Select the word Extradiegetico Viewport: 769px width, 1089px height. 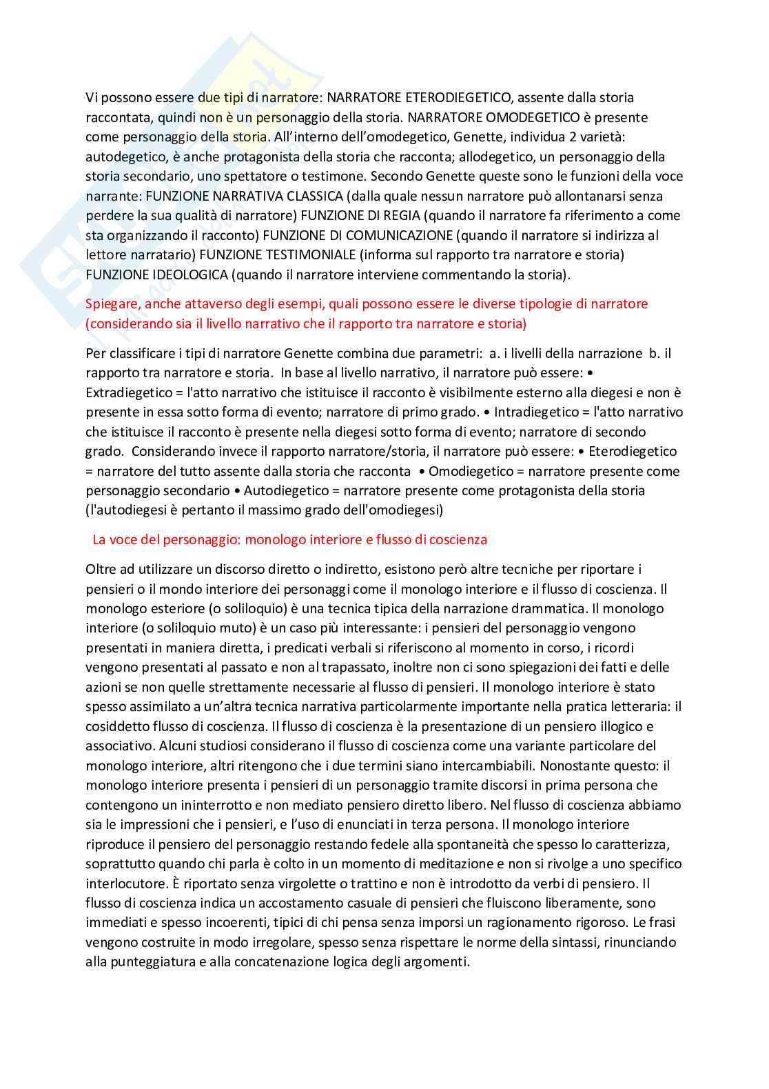point(127,393)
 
